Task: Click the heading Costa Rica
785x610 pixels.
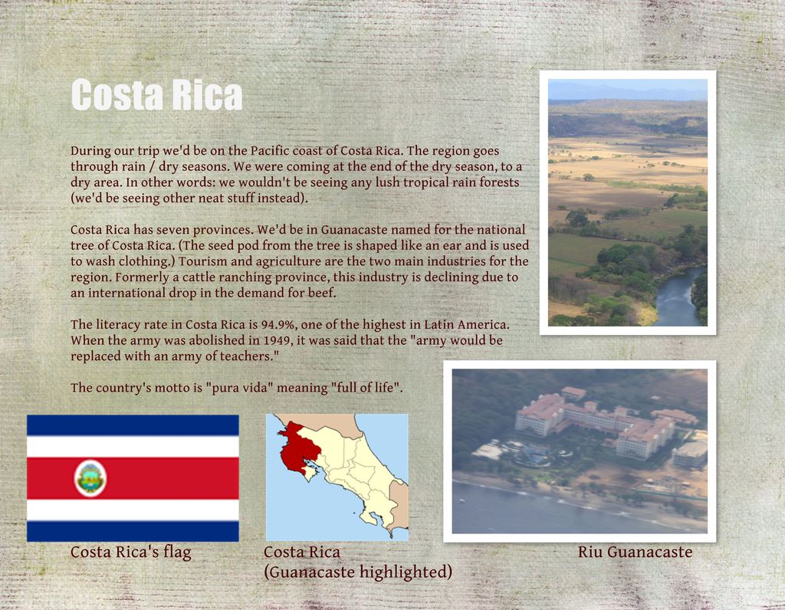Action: click(156, 95)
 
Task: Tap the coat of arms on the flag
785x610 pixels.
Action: click(90, 478)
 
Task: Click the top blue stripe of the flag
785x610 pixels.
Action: click(133, 425)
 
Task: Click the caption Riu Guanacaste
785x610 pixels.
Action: click(635, 552)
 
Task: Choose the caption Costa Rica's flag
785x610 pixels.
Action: click(130, 552)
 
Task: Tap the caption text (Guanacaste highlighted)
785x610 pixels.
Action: click(358, 572)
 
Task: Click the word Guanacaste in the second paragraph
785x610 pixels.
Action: click(358, 230)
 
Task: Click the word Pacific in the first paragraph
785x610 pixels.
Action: click(272, 151)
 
